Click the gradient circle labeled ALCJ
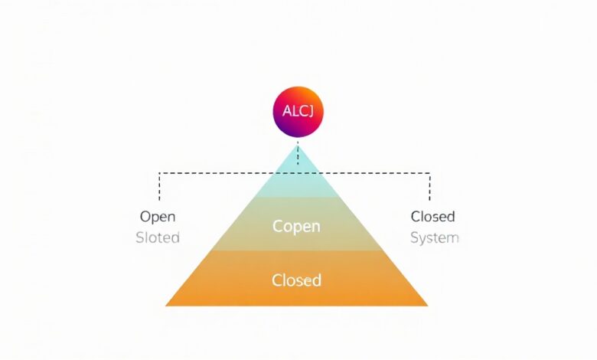tap(298, 112)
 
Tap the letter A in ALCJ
tap(287, 111)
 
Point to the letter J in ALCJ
tap(310, 111)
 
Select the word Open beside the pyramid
tap(158, 217)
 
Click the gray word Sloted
tap(158, 237)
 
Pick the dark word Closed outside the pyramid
tap(433, 216)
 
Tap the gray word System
tap(435, 238)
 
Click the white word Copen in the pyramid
tap(296, 226)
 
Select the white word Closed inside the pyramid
tap(297, 280)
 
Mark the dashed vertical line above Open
tap(159, 187)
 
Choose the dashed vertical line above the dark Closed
tap(430, 187)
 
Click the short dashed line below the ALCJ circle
tap(298, 153)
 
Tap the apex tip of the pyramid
tap(298, 145)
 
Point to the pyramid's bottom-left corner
tap(165, 306)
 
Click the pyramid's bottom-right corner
tap(428, 306)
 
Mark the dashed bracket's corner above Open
tap(159, 173)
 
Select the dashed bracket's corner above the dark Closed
tap(430, 173)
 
